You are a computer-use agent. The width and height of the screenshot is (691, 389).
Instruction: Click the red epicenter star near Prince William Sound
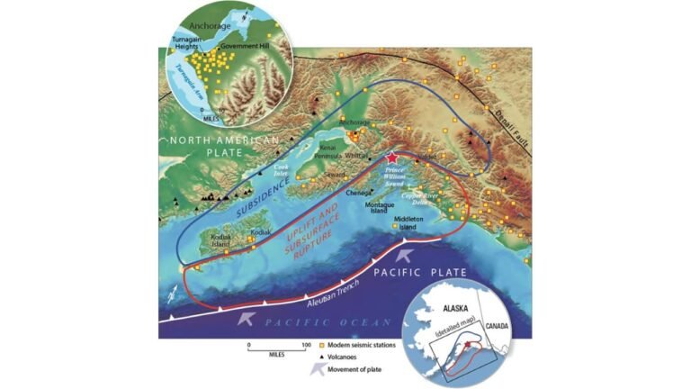pos(390,158)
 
